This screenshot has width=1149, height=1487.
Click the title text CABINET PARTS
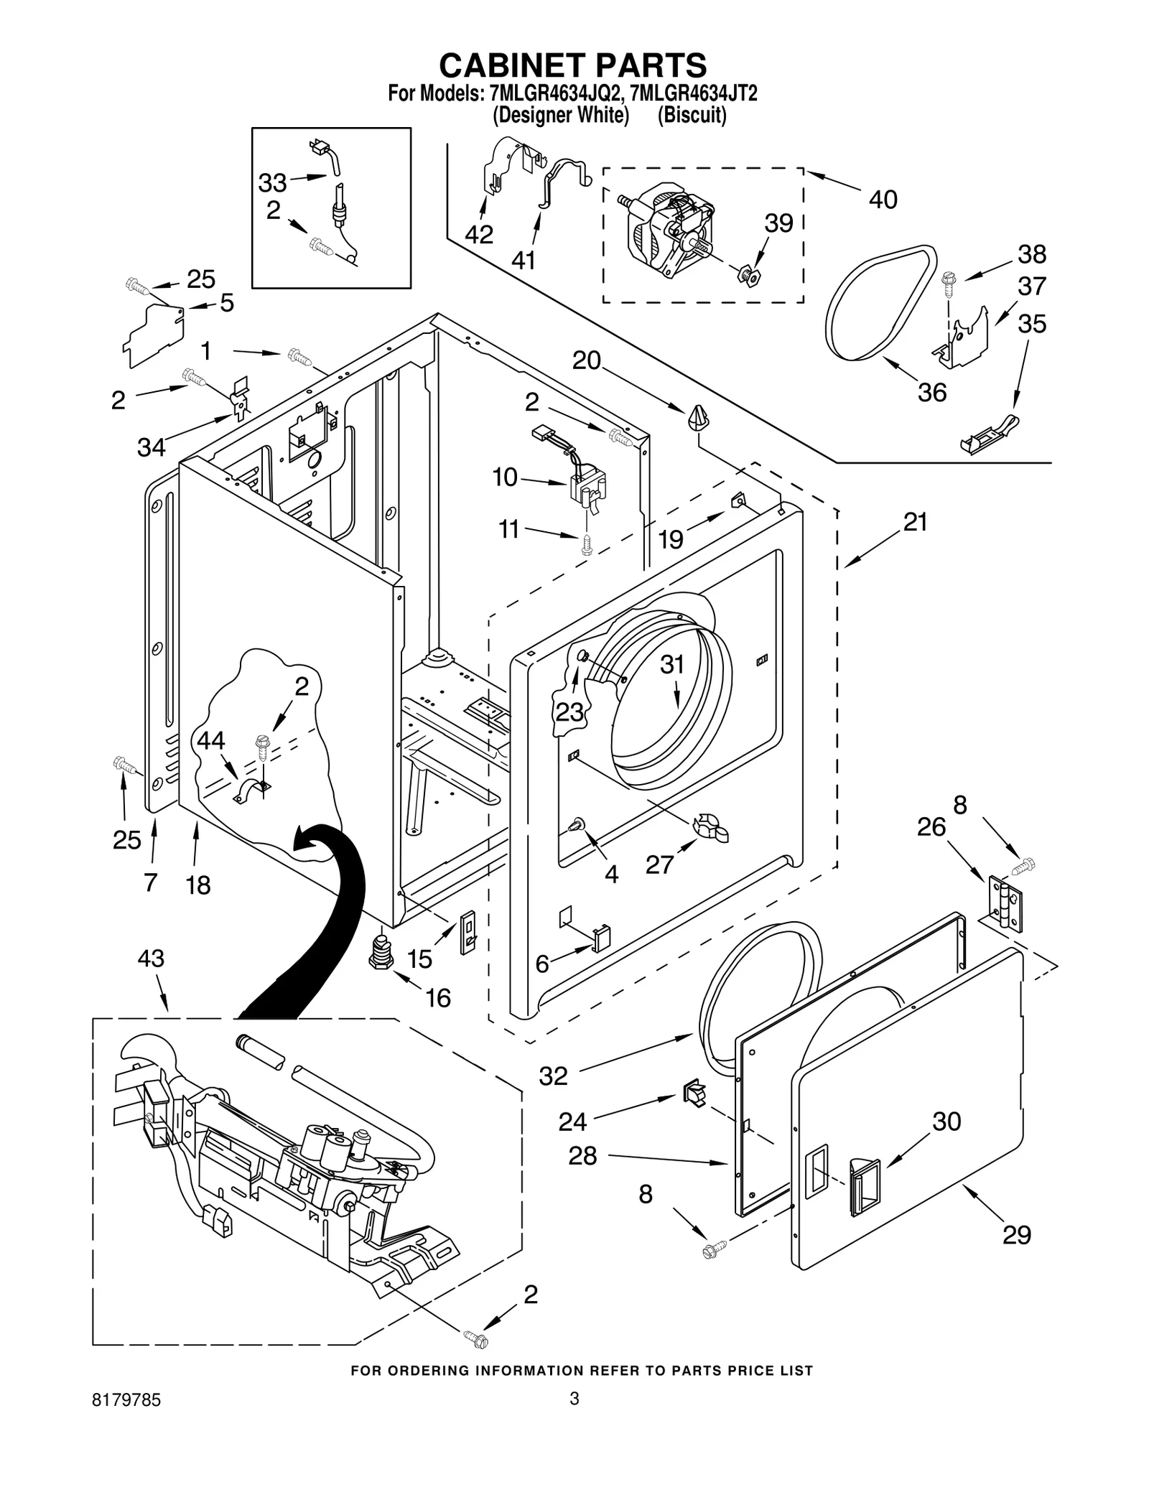(x=572, y=65)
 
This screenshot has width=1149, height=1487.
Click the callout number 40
(x=883, y=200)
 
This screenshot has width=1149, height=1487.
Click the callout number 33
(x=272, y=183)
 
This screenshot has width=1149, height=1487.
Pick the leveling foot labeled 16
(x=382, y=952)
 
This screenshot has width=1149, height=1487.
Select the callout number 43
(x=151, y=959)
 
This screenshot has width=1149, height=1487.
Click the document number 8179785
(x=126, y=1420)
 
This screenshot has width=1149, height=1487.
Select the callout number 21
(x=916, y=522)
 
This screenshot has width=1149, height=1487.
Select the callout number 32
(x=553, y=1076)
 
